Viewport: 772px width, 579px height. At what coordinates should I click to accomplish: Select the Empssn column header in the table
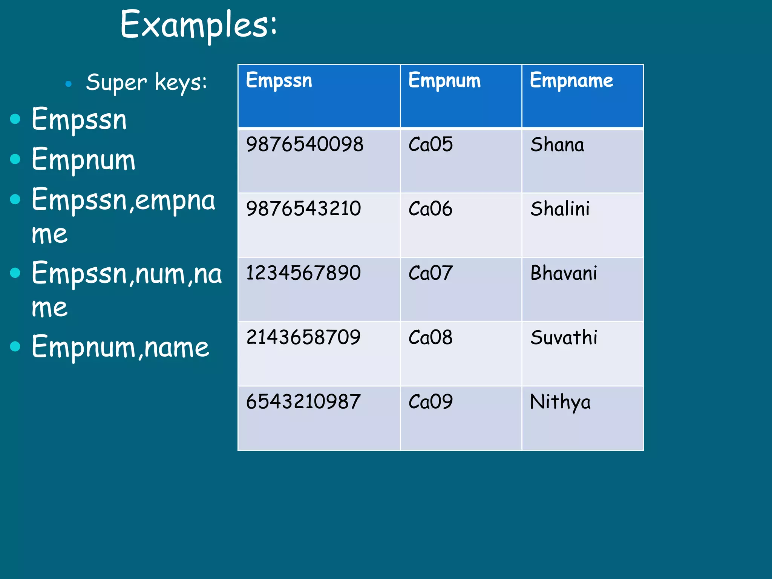279,80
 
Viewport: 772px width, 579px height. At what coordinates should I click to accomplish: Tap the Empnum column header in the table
444,80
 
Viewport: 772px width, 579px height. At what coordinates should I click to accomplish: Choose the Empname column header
571,80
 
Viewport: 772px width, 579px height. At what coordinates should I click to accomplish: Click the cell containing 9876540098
305,144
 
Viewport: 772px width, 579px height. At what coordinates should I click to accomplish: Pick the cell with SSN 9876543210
303,208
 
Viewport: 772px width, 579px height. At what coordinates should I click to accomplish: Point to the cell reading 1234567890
303,273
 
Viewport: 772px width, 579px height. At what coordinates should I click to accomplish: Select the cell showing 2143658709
303,337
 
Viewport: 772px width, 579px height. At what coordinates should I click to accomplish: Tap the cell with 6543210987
303,401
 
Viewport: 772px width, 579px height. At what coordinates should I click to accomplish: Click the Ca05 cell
430,144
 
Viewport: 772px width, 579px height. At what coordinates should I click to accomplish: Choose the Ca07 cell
430,273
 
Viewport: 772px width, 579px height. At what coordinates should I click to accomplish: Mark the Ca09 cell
430,401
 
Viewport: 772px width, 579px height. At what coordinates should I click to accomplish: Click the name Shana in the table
557,144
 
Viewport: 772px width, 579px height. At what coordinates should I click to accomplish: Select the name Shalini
560,208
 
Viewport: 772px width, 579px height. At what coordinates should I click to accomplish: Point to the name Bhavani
564,273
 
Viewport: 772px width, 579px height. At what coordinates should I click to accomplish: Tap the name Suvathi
564,337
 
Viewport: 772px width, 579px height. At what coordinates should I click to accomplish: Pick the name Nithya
560,402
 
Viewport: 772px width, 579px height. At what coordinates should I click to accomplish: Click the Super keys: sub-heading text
147,83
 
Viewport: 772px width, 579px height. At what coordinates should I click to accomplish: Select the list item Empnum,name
120,347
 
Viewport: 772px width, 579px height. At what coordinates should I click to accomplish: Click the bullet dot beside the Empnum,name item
15,346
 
